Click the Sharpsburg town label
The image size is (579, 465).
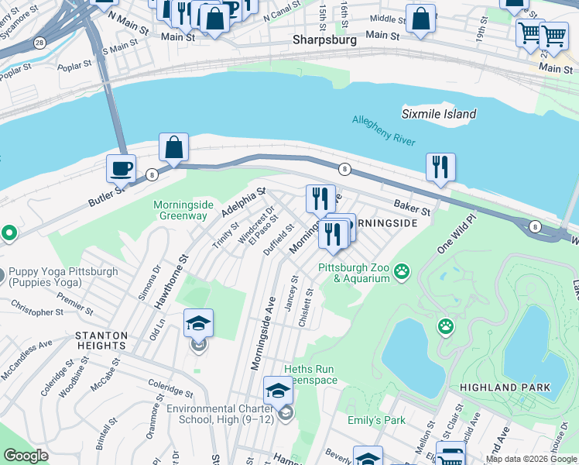point(324,40)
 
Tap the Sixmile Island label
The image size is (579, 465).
point(438,114)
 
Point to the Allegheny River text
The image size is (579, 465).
point(384,130)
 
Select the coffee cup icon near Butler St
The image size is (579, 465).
point(121,167)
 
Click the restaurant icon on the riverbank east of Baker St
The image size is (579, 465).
point(440,167)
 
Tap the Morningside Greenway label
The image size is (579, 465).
point(183,210)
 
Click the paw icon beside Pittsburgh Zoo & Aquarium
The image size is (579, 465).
point(402,271)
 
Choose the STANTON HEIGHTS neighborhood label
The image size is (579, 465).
point(101,336)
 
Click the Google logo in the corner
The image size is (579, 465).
point(26,456)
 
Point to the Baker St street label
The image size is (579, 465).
point(410,207)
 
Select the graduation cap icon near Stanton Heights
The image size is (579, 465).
point(198,324)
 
